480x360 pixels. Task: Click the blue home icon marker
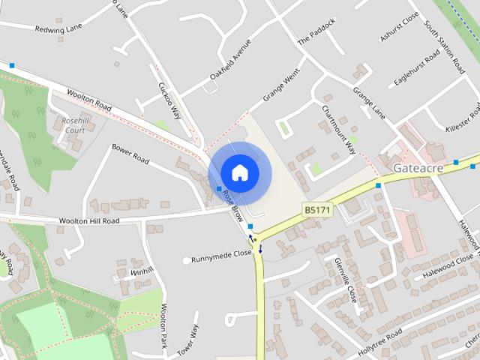239,172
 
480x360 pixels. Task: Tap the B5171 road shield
316,210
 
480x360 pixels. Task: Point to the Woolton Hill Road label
88,221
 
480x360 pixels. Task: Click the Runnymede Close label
221,253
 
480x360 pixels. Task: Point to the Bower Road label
130,154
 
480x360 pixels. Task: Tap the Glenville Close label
346,279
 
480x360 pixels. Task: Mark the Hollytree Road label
380,337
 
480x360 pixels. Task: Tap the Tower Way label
193,341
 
